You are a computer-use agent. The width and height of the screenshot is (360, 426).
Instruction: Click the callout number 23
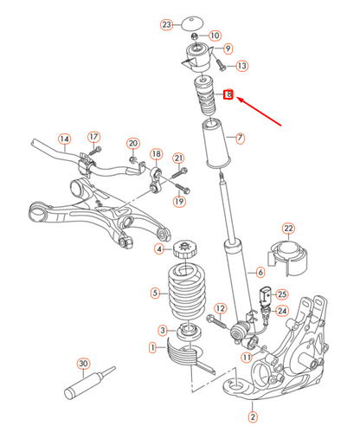click(167, 26)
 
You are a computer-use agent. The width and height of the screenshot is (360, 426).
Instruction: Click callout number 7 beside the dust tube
click(241, 137)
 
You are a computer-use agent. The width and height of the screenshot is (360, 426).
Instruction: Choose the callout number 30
click(83, 364)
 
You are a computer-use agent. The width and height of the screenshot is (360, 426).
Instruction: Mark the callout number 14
click(64, 138)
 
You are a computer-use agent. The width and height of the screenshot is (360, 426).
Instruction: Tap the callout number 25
click(282, 294)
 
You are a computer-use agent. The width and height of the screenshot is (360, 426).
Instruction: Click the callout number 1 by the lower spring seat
click(152, 348)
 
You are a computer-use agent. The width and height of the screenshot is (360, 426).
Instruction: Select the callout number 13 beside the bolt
click(241, 66)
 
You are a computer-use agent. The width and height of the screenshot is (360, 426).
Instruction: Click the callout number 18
click(156, 154)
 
